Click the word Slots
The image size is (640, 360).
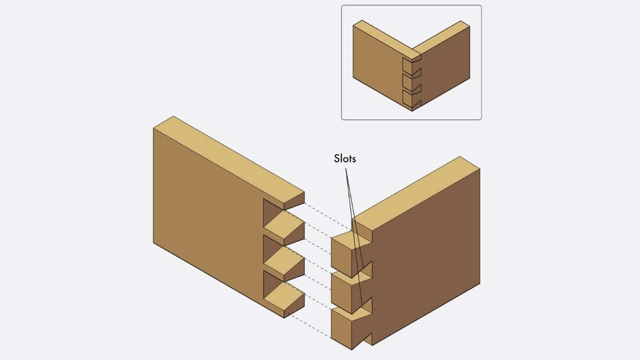pos(345,158)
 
